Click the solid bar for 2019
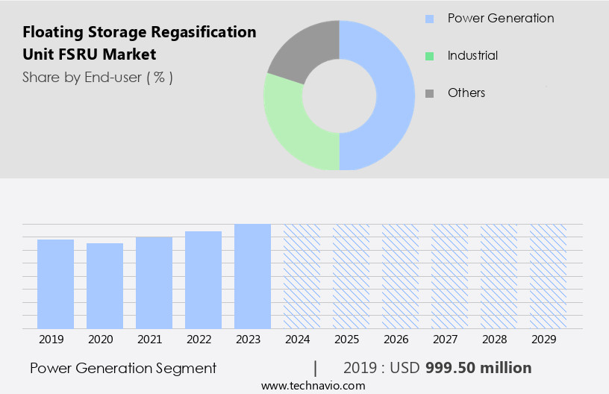(55, 284)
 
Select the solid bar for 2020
(104, 285)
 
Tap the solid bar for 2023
(252, 276)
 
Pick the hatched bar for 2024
(302, 276)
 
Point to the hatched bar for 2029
(548, 276)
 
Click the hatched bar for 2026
(400, 276)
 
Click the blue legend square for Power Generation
(429, 19)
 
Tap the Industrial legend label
(472, 55)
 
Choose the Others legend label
(466, 93)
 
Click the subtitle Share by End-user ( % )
(98, 77)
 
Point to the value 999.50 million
(478, 368)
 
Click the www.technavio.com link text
(313, 386)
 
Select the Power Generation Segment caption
(123, 368)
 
